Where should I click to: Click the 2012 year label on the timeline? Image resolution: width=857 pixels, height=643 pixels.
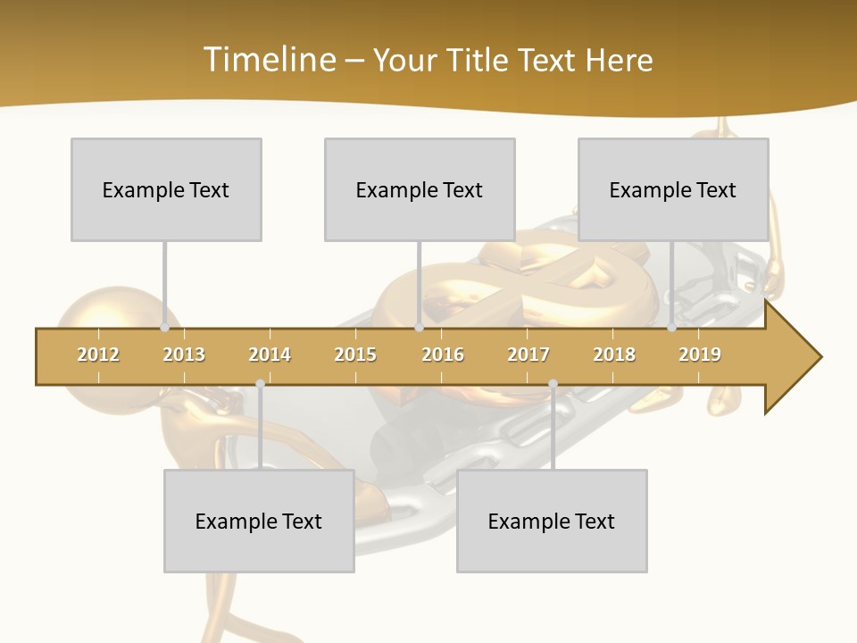pos(98,355)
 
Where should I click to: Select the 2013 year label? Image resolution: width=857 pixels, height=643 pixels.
pos(184,355)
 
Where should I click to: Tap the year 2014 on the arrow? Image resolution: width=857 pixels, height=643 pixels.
pos(270,355)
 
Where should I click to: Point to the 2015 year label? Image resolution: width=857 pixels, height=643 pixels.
pos(355,355)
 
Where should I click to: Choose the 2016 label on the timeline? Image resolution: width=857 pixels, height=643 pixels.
pos(443,355)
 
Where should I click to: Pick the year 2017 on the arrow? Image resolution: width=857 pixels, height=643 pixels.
pos(528,355)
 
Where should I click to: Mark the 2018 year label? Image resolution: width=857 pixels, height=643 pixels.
pos(614,355)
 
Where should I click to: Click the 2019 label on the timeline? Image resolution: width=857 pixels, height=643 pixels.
pos(700,355)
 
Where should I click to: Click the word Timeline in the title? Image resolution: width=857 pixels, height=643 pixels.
pos(268,60)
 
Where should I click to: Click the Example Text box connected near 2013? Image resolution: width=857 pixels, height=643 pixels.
pos(166,189)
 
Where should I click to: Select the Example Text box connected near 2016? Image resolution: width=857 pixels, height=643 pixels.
pos(420,189)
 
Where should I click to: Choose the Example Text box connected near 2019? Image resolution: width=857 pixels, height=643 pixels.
pos(673,189)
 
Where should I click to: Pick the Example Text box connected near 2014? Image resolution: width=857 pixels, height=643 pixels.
pos(259,521)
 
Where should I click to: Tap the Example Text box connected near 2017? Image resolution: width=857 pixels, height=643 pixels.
pos(552,521)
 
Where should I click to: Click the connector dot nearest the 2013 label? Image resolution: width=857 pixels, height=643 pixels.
pos(164,328)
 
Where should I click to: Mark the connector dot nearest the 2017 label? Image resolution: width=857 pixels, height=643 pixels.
pos(553,384)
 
